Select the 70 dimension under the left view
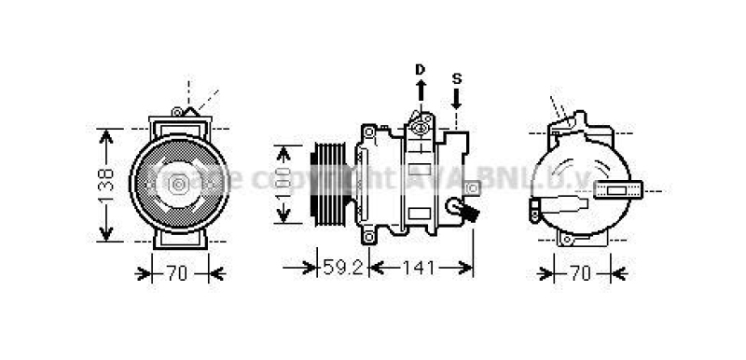click(x=177, y=273)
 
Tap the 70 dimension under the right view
click(x=580, y=273)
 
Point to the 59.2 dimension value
click(x=342, y=269)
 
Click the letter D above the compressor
click(x=420, y=69)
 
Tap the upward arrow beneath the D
click(x=420, y=90)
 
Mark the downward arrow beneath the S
click(x=456, y=98)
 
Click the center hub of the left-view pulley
click(x=177, y=185)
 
